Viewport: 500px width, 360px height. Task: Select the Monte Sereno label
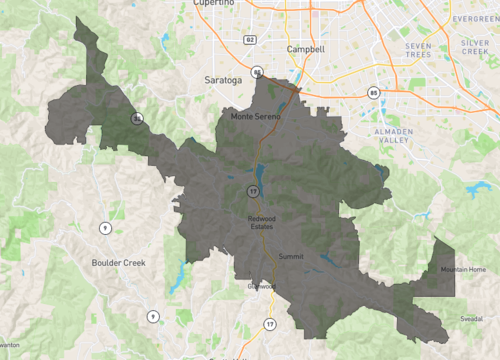[x=257, y=117]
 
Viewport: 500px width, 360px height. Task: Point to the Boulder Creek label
[x=119, y=263]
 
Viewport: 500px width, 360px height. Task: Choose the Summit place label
[x=291, y=257]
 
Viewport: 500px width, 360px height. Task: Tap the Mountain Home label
[x=463, y=270]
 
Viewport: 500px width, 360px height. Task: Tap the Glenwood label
[x=260, y=286]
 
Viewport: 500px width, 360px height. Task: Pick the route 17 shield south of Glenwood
[x=269, y=325]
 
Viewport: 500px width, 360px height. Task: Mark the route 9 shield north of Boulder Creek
[x=103, y=229]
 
